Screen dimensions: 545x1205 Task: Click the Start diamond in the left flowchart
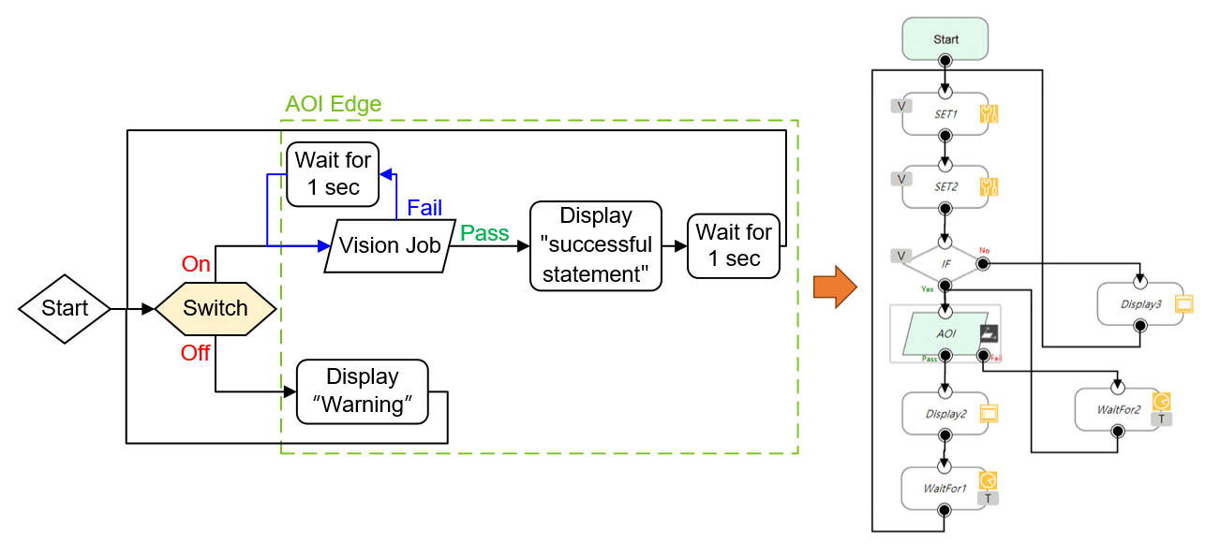pos(65,308)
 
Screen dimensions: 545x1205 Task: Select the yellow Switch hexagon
pos(216,308)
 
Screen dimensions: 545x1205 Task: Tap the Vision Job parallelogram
pos(389,246)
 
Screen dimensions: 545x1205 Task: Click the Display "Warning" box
pos(363,390)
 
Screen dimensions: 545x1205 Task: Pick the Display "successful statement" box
pos(597,245)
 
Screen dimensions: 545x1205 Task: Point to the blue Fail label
pos(424,208)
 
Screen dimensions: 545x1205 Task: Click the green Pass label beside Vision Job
pos(485,233)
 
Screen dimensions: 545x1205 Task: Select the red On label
pos(196,264)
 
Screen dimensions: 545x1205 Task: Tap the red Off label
pos(196,352)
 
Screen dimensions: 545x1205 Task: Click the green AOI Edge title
pos(334,104)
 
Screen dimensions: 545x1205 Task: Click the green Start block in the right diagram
pos(945,39)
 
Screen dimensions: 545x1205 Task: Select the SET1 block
pos(945,114)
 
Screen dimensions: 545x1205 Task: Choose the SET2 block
pos(945,186)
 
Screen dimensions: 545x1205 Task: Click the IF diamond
pos(945,264)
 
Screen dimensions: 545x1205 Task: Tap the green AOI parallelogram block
pos(945,333)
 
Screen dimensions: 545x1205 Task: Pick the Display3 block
pos(1140,303)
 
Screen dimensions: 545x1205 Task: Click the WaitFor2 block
pos(1118,409)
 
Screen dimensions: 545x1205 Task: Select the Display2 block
pos(945,413)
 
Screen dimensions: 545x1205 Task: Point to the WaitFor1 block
pos(945,487)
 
